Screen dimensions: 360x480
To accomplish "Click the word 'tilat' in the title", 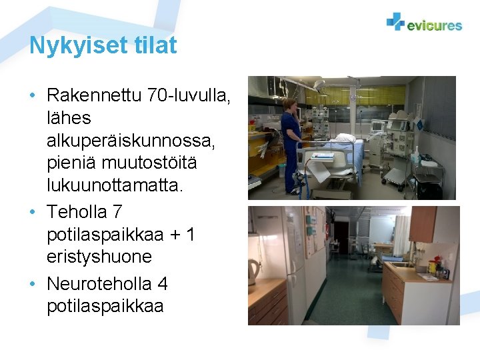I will coord(155,45).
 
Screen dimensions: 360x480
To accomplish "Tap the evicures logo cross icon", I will coord(395,22).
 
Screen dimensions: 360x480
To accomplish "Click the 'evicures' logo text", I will coord(434,25).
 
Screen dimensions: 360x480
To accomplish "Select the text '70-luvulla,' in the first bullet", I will coord(189,96).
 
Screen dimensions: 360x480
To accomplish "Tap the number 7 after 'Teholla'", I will coord(117,212).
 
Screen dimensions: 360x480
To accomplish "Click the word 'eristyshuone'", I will coord(99,257).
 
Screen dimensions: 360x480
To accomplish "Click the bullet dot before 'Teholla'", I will coord(33,212).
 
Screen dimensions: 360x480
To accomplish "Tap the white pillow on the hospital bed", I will coord(345,138).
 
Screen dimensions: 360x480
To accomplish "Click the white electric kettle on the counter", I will coord(254,271).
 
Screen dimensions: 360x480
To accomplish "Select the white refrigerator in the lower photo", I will coord(280,253).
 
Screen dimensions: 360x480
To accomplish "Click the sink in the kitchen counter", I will coord(404,264).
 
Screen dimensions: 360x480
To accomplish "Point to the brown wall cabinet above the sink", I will coord(423,223).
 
